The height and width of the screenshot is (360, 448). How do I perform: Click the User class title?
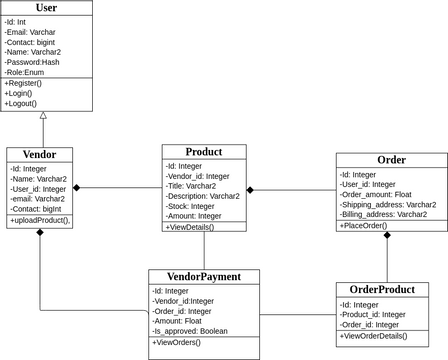[x=46, y=8]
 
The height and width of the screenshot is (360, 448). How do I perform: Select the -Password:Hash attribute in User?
[x=32, y=62]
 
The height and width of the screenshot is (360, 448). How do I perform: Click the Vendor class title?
[x=39, y=154]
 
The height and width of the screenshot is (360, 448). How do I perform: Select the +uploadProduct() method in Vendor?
[x=40, y=220]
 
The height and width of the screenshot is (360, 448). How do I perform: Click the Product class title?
[x=204, y=152]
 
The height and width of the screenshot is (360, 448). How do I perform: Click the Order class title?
[x=391, y=160]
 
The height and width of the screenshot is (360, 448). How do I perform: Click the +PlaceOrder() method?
[x=364, y=226]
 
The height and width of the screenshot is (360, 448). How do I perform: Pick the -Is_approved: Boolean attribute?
[x=190, y=331]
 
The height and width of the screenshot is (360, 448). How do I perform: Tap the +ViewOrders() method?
[x=176, y=343]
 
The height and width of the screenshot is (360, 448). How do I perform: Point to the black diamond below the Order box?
[x=387, y=237]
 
